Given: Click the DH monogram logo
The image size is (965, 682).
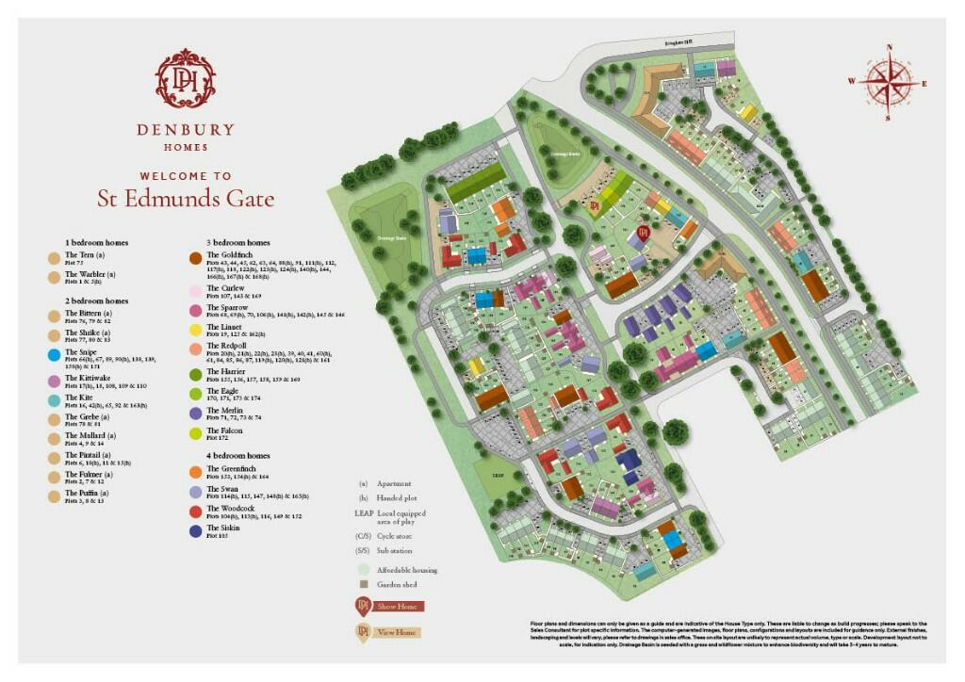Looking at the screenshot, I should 186,78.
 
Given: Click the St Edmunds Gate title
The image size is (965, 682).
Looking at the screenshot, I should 186,198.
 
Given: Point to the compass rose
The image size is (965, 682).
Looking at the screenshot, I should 887,81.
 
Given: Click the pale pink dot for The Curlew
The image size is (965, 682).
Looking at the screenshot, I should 195,291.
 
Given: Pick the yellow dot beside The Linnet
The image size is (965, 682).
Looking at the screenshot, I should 195,330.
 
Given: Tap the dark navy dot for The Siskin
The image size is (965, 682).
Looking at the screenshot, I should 195,531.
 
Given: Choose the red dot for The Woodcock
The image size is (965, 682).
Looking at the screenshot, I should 195,511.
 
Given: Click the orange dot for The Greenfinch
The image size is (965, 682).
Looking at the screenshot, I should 195,472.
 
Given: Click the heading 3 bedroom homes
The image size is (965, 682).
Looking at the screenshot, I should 237,242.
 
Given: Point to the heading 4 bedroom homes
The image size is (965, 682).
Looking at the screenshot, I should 237,456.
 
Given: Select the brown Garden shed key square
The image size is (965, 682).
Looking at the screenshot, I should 362,584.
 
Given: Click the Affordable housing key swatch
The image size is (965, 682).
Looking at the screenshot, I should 362,570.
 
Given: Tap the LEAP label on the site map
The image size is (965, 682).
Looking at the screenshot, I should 498,476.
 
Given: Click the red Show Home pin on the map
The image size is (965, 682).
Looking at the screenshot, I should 644,232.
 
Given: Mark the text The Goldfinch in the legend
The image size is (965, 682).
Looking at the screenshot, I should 226,256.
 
